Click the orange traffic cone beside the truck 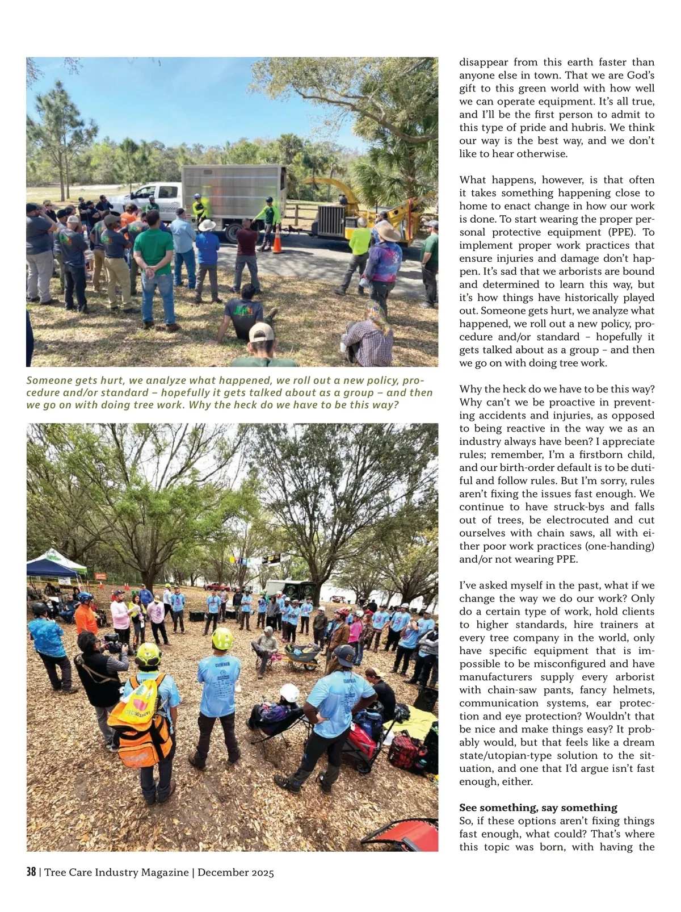(x=278, y=242)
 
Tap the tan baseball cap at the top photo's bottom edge (x=260, y=332)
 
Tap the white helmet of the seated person (x=289, y=693)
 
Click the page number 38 (x=31, y=872)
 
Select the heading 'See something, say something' (x=538, y=808)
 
